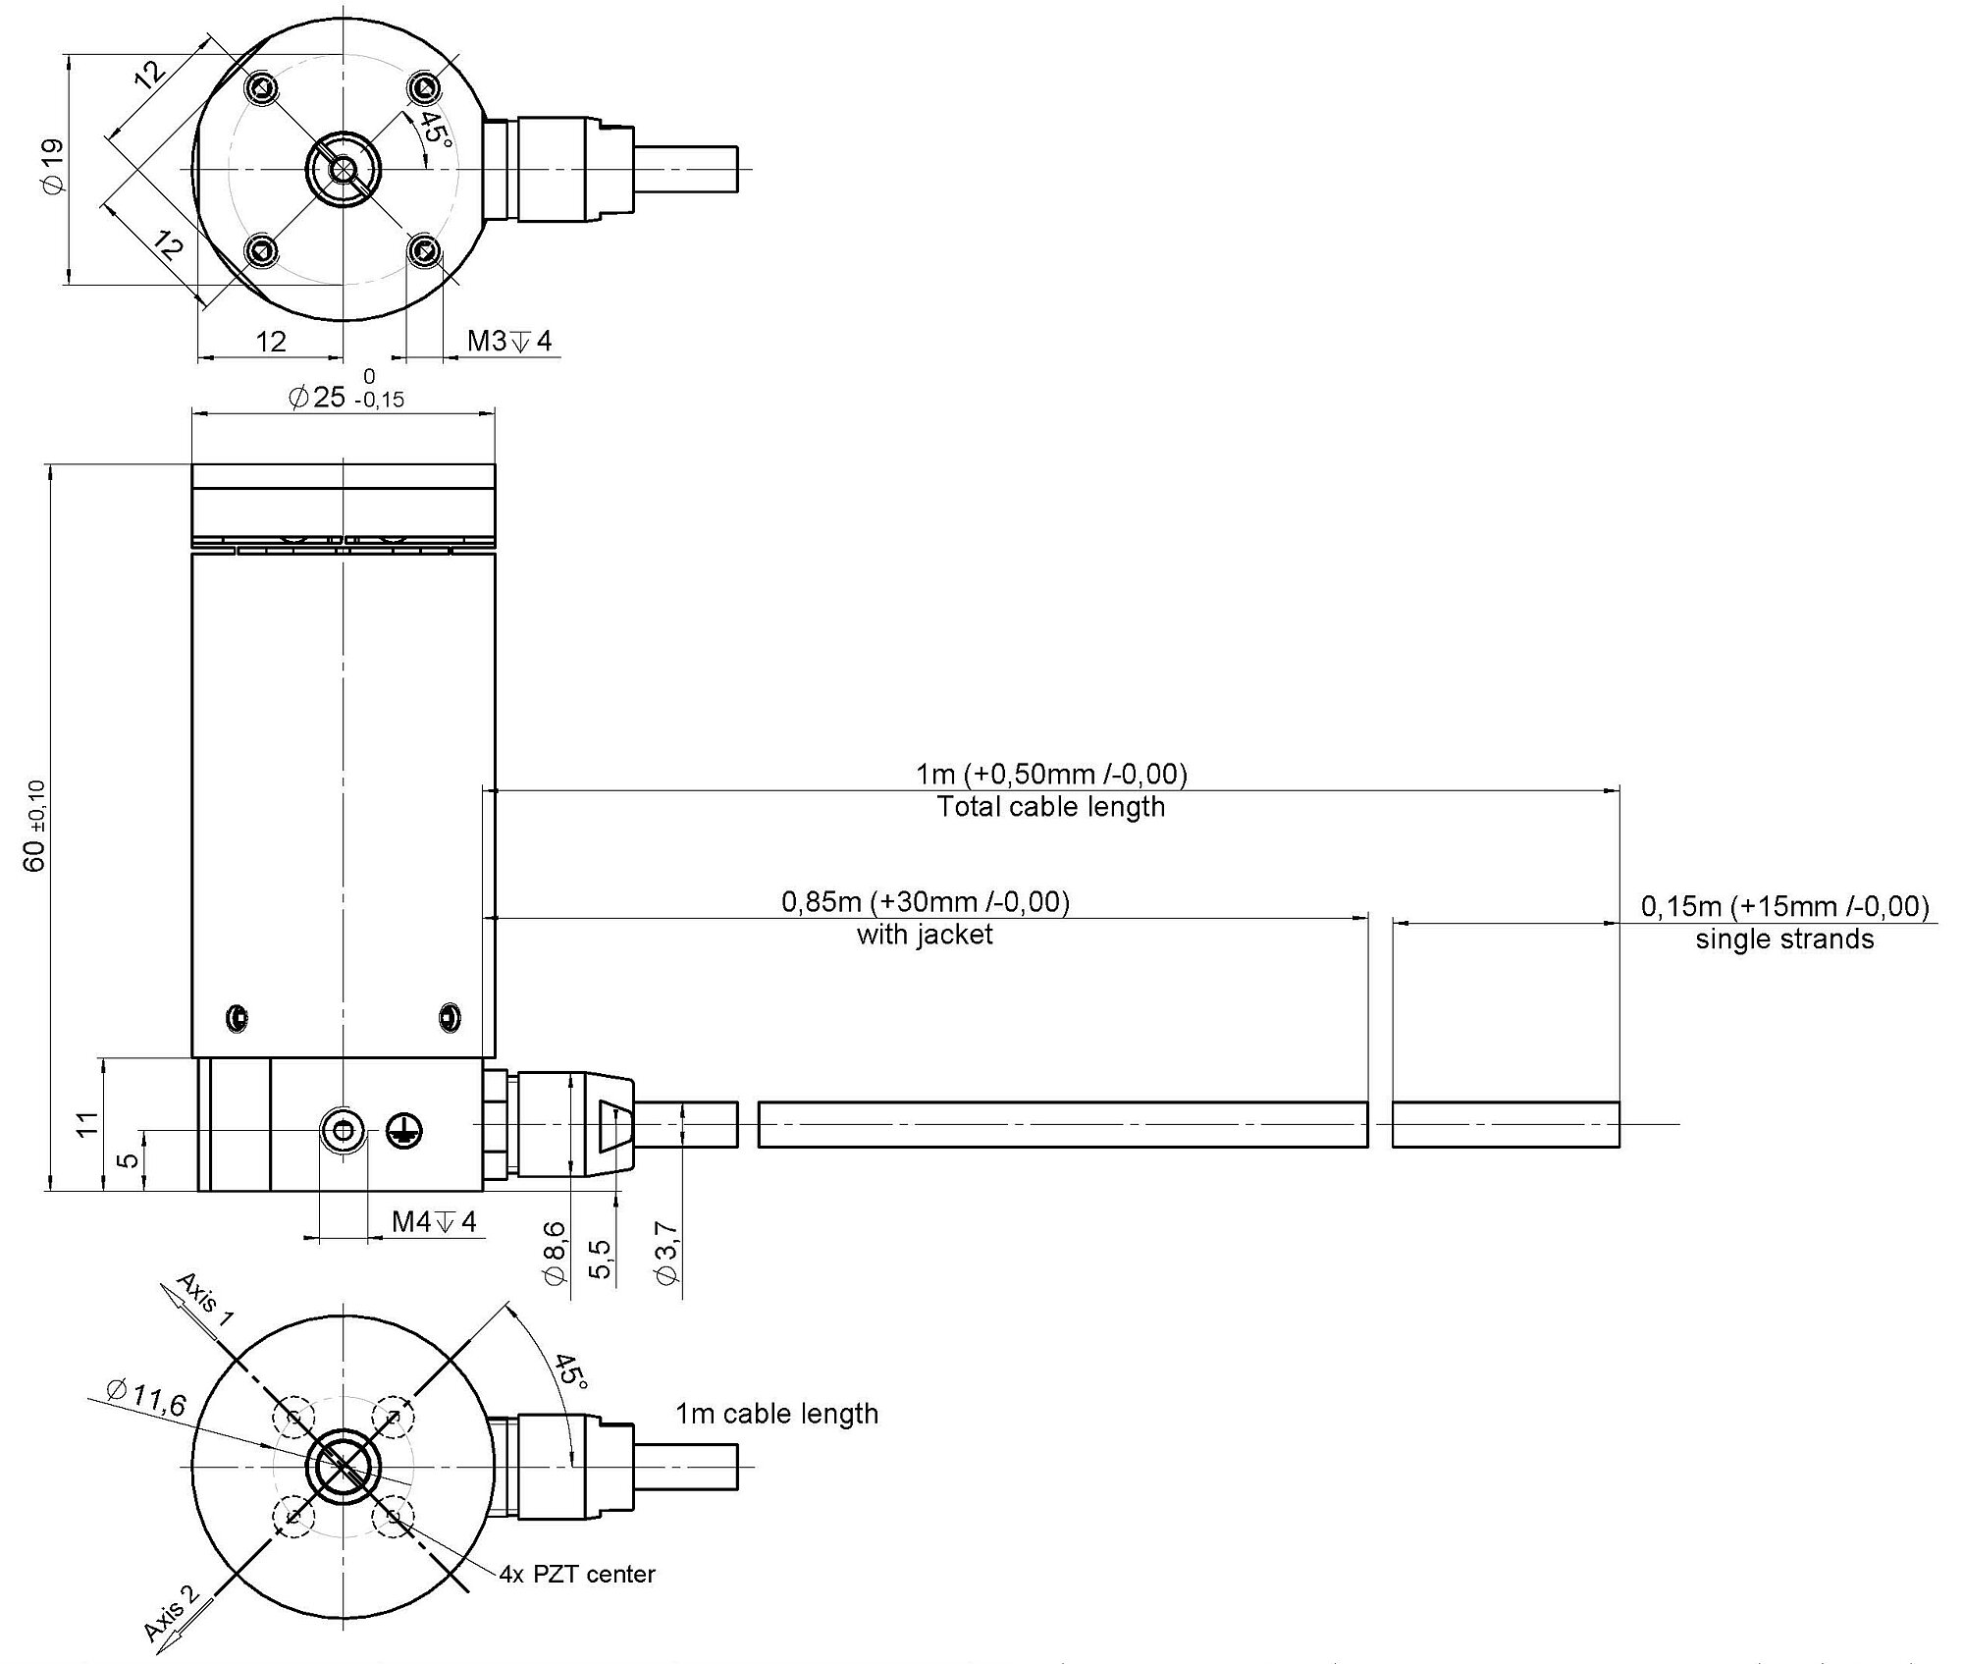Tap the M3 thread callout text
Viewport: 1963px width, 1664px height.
pos(509,341)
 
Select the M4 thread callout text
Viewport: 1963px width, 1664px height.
pos(434,1221)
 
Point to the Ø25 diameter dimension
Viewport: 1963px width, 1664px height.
pos(345,391)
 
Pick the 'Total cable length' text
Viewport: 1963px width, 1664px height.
pos(1051,807)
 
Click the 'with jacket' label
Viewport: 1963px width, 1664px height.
pos(925,934)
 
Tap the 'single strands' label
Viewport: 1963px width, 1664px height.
pos(1784,939)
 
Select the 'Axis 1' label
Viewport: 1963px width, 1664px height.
pos(204,1300)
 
